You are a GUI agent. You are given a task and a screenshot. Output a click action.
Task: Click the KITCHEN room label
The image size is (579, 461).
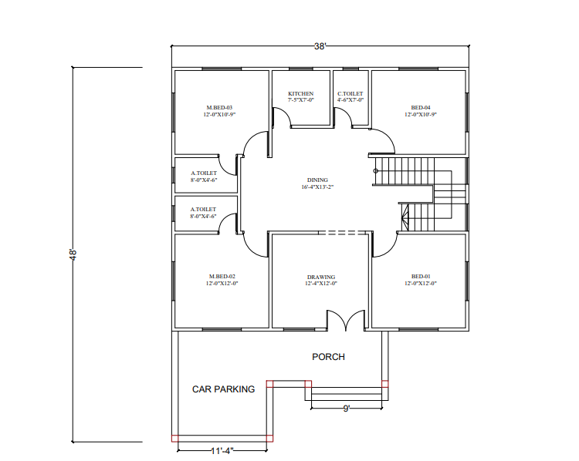[x=300, y=94]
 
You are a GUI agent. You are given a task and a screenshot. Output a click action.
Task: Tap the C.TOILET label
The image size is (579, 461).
[x=350, y=94]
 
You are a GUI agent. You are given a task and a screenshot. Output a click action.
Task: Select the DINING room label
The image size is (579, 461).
[x=317, y=180]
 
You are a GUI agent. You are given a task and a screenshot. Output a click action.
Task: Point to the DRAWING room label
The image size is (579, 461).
[x=321, y=277]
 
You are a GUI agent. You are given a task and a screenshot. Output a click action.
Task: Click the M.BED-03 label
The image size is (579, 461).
[x=219, y=108]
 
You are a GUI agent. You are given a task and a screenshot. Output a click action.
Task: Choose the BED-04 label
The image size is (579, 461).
[x=421, y=108]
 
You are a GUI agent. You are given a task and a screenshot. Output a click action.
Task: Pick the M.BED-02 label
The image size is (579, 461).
[x=222, y=276]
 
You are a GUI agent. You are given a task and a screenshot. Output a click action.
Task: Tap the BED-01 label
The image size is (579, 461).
[x=421, y=276]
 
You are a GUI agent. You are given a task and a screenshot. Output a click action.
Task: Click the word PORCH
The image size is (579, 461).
[x=328, y=357]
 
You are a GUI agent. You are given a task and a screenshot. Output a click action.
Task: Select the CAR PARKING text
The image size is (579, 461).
[x=223, y=389]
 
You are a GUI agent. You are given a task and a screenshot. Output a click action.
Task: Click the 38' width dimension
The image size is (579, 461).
[x=320, y=46]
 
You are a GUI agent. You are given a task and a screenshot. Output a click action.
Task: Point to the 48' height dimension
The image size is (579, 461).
[x=73, y=254]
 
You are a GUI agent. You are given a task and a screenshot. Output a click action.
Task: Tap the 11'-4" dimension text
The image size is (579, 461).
[x=222, y=451]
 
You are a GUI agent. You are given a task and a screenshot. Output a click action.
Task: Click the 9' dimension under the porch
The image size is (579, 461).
[x=347, y=409]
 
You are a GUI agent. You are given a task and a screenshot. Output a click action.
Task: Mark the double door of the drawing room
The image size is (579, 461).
[x=346, y=320]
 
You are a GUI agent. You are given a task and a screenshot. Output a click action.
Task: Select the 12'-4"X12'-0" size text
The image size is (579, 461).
[x=321, y=284]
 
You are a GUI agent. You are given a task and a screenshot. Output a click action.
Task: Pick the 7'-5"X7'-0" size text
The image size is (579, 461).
[x=300, y=100]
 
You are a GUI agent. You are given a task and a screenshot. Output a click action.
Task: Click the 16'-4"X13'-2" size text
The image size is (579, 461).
[x=317, y=187]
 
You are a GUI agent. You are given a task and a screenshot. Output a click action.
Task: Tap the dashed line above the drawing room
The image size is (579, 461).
[x=342, y=233]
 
